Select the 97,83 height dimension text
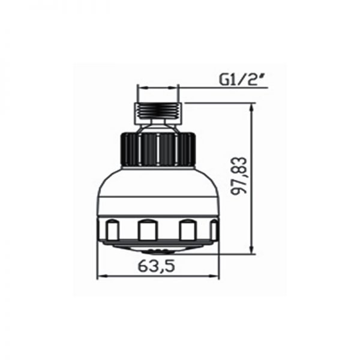tap(239, 176)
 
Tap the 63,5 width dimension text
tap(157, 266)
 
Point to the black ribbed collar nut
tap(158, 149)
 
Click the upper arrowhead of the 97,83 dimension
tap(252, 108)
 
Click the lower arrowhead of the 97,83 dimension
tap(252, 249)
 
